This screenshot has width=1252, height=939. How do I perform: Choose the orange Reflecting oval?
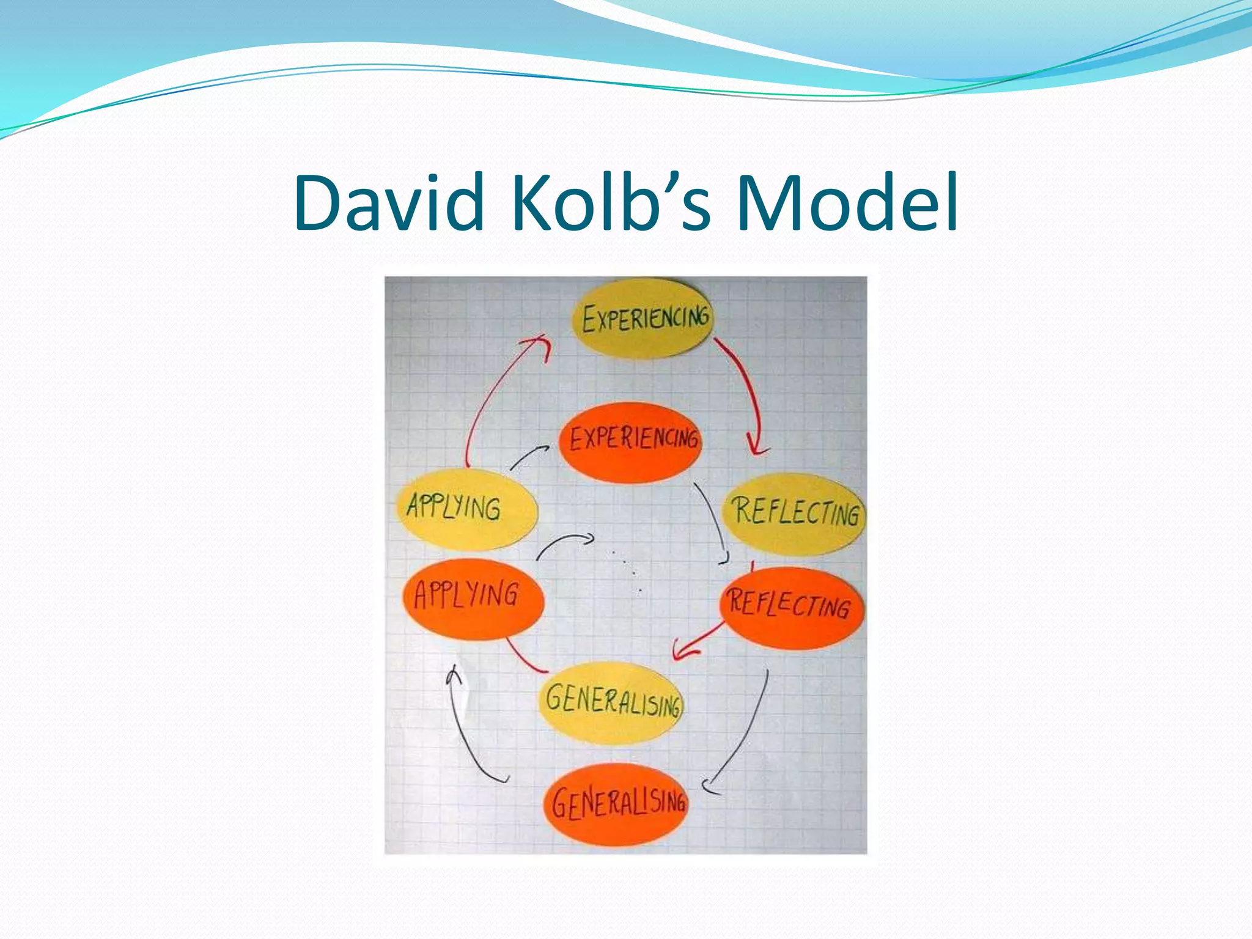click(x=791, y=606)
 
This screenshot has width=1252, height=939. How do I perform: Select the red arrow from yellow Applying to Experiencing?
click(x=489, y=397)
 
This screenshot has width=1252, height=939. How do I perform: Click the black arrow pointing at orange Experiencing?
click(x=528, y=455)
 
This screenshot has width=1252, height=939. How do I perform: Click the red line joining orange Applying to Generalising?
click(x=523, y=658)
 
